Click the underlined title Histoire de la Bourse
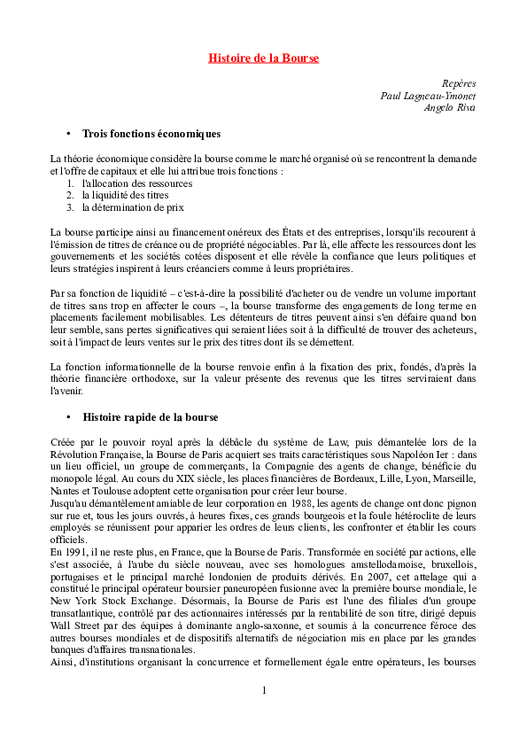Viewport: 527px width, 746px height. point(263,58)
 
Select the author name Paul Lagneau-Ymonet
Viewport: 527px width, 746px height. point(427,95)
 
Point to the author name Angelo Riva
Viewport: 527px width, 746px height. point(450,107)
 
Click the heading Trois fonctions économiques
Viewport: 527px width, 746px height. point(151,134)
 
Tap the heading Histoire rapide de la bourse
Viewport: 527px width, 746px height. point(151,417)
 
